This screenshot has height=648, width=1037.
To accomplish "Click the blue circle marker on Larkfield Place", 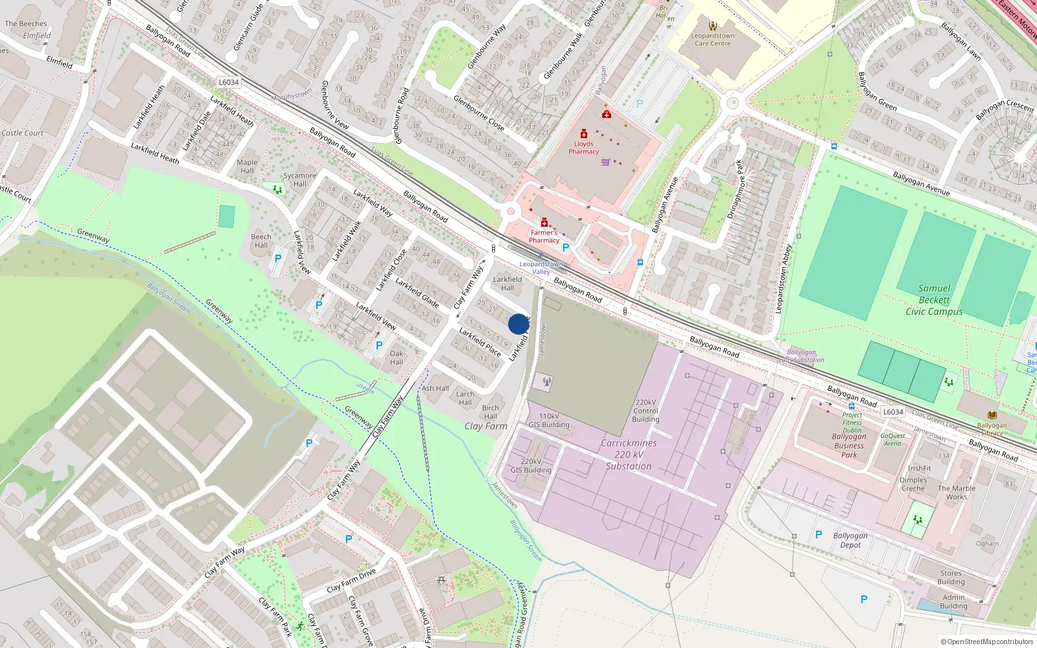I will pyautogui.click(x=518, y=324).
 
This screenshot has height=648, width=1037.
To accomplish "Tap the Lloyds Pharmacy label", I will pyautogui.click(x=583, y=148).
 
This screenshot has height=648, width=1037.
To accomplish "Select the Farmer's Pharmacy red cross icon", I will pyautogui.click(x=544, y=223).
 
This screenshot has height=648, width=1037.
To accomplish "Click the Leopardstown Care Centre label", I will pyautogui.click(x=712, y=40).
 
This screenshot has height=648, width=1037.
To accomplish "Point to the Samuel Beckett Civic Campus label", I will pyautogui.click(x=934, y=300).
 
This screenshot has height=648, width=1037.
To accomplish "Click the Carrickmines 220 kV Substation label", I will pyautogui.click(x=629, y=454).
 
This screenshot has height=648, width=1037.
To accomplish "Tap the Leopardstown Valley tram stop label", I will pyautogui.click(x=541, y=268).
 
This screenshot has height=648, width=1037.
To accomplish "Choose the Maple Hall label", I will pyautogui.click(x=247, y=167).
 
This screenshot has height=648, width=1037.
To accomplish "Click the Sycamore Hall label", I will pyautogui.click(x=299, y=179).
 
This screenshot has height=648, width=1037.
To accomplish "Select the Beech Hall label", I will pyautogui.click(x=261, y=240).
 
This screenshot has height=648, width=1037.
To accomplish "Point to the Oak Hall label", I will pyautogui.click(x=397, y=358).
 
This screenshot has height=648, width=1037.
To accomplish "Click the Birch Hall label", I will pyautogui.click(x=491, y=412).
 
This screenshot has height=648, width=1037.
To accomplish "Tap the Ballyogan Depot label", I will pyautogui.click(x=850, y=540).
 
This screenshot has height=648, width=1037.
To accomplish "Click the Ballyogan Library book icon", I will pyautogui.click(x=992, y=415).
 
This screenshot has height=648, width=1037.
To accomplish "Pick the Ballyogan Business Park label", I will pyautogui.click(x=849, y=445).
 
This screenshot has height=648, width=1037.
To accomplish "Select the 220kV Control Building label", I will pyautogui.click(x=646, y=411).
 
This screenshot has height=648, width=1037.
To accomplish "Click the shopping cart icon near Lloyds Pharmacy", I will pyautogui.click(x=605, y=162).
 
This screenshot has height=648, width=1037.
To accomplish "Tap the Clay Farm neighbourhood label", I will pyautogui.click(x=485, y=426).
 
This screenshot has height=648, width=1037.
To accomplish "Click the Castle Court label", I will pyautogui.click(x=23, y=133).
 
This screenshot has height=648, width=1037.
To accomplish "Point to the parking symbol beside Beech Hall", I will pyautogui.click(x=278, y=259).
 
